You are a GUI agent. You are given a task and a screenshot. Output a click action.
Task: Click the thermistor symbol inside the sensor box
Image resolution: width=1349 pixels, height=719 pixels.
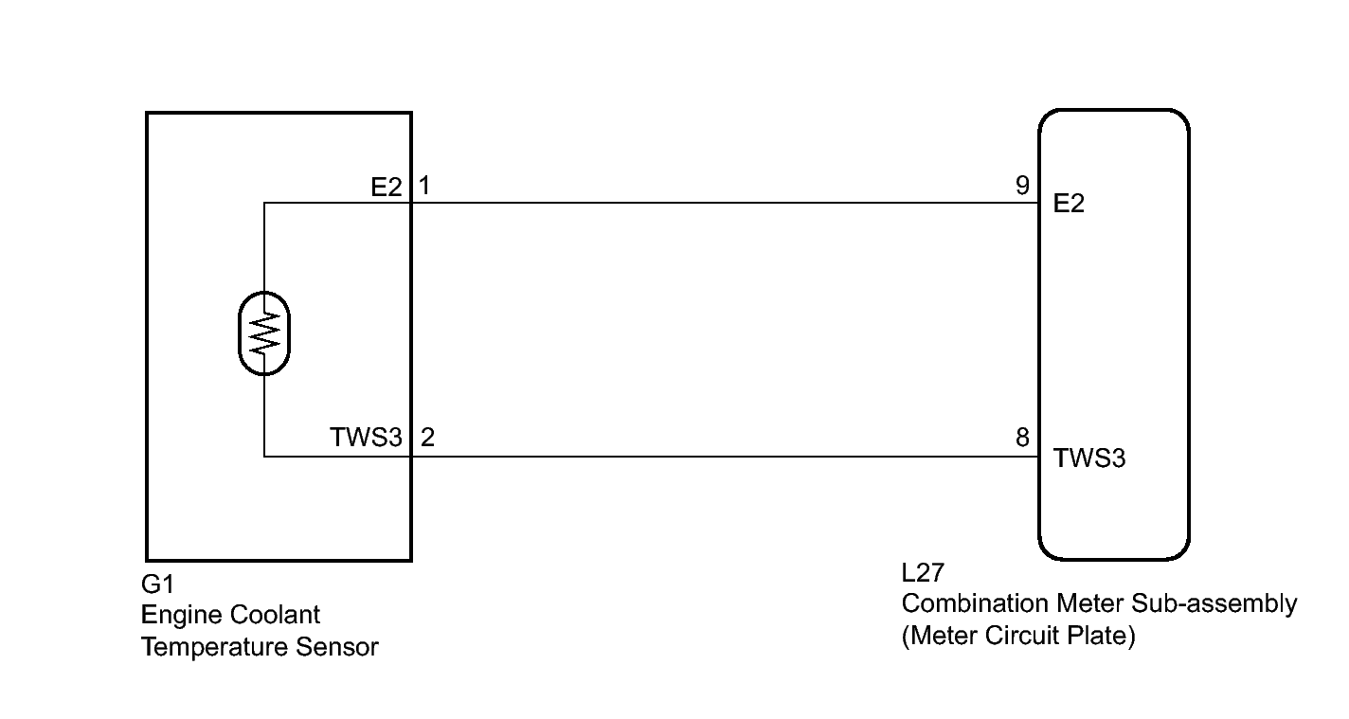[263, 333]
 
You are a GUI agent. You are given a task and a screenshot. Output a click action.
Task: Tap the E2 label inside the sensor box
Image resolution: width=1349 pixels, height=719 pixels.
[386, 188]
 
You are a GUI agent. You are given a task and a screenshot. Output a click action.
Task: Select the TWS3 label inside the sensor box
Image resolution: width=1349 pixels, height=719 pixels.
[366, 438]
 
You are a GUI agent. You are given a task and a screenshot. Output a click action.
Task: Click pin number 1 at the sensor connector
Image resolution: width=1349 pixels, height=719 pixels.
[424, 186]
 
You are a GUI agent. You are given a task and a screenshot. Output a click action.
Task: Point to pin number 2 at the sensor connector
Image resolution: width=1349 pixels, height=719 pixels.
[427, 438]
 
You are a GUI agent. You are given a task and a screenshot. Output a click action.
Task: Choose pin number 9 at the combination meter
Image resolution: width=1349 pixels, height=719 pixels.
[1022, 186]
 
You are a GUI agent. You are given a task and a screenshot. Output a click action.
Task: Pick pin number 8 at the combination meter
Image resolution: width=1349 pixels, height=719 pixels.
[1022, 438]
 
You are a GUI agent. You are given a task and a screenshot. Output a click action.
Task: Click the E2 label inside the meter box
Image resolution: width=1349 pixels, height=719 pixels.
[1069, 204]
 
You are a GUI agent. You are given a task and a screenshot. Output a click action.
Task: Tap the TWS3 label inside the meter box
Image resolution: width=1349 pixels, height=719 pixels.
[1088, 458]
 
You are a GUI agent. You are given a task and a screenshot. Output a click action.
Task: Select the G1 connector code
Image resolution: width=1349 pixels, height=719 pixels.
[157, 584]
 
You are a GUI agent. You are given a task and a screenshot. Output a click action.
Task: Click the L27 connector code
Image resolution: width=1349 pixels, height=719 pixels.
[923, 573]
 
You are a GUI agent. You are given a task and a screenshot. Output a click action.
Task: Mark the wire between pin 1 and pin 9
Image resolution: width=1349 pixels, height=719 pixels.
[725, 203]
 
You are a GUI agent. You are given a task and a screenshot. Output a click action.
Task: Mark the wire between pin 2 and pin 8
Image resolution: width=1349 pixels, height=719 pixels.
[725, 457]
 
